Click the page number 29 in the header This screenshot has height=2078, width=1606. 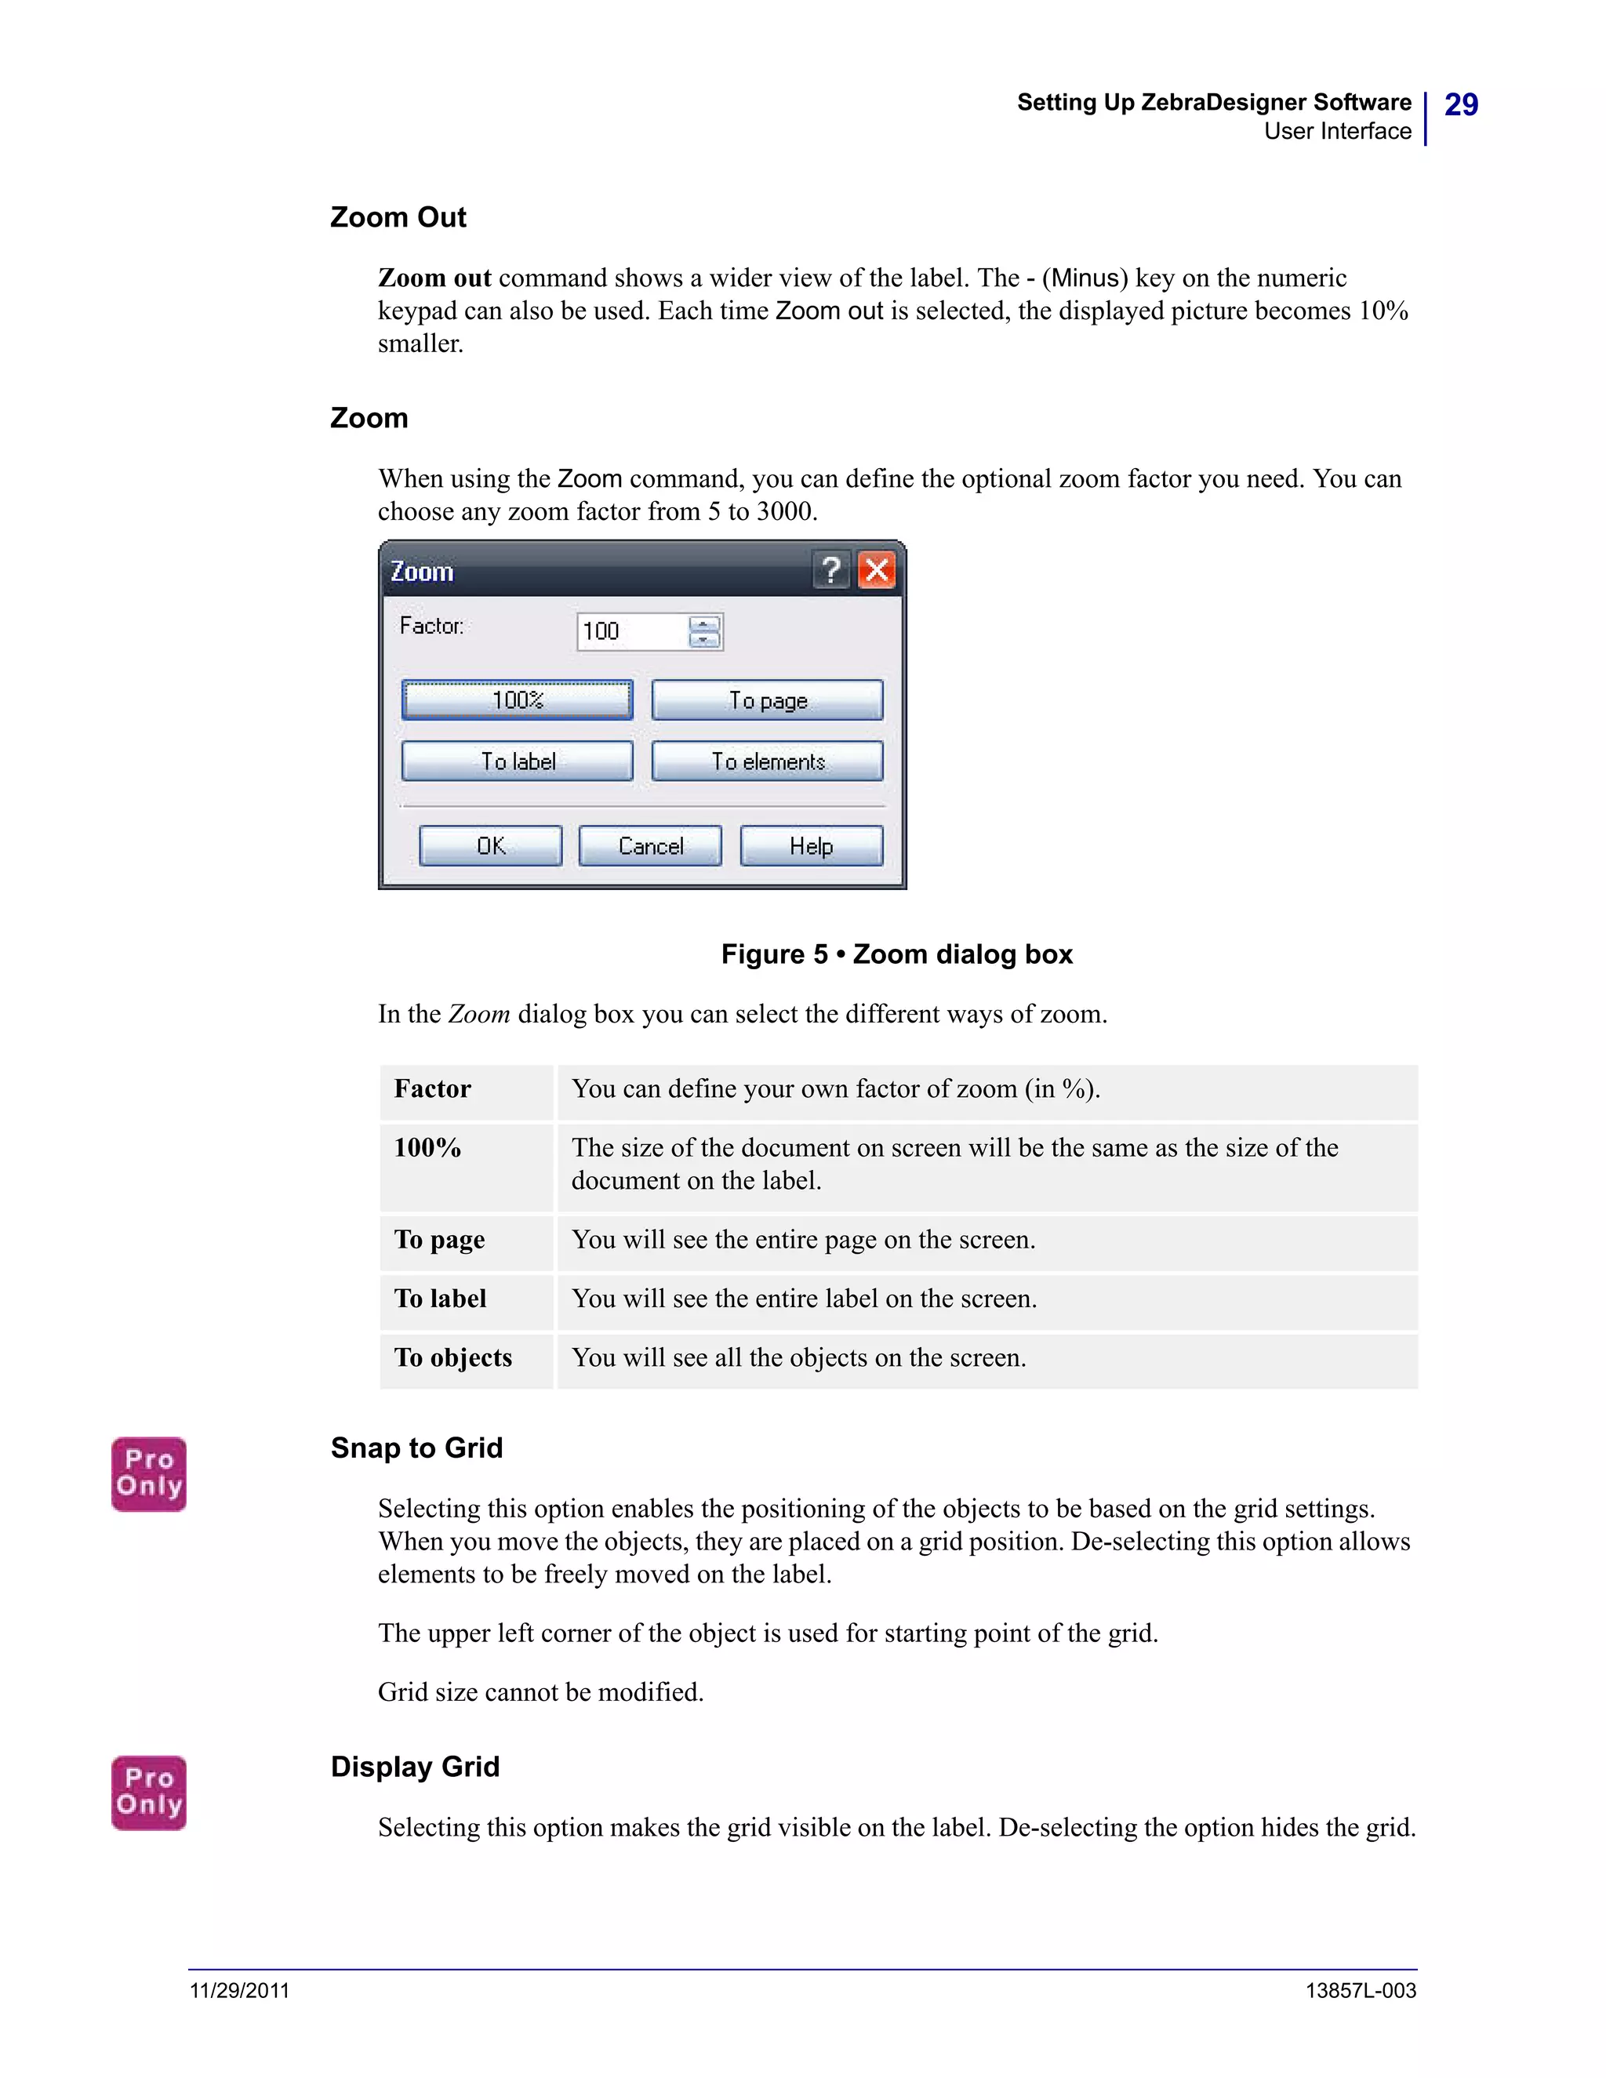[x=1460, y=104]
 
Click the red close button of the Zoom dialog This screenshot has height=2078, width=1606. [x=876, y=570]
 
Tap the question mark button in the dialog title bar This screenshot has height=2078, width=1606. [x=830, y=570]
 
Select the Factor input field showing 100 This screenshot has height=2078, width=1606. [x=632, y=632]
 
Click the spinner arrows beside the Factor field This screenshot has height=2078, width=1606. [x=704, y=632]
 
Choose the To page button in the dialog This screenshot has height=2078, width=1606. [x=767, y=700]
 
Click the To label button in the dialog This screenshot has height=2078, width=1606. [x=517, y=761]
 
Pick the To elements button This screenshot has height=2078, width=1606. [x=767, y=761]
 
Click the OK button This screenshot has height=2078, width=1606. [x=490, y=846]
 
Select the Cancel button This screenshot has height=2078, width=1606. [x=650, y=846]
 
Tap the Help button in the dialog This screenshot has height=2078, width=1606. [x=811, y=846]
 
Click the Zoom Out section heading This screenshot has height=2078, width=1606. [x=398, y=218]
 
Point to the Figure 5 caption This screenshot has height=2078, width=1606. [x=896, y=954]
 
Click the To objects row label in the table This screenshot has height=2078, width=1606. [x=453, y=1357]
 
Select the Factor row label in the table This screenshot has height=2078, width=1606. [x=432, y=1088]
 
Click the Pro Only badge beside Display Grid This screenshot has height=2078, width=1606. [x=148, y=1792]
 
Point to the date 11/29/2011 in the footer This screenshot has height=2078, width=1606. [x=240, y=1990]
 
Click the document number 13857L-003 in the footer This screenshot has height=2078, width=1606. [x=1360, y=1990]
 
